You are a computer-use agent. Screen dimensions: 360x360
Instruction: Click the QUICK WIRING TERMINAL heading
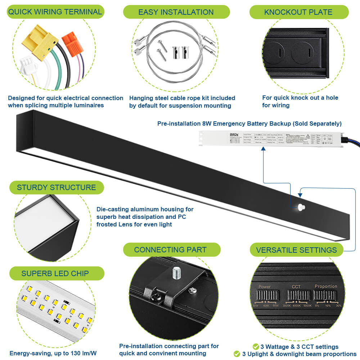pyautogui.click(x=55, y=12)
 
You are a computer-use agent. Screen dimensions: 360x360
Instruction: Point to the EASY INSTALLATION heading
pyautogui.click(x=176, y=12)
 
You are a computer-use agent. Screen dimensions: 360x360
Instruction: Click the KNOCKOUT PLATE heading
pyautogui.click(x=298, y=12)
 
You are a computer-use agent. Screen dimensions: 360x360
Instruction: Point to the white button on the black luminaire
pyautogui.click(x=301, y=206)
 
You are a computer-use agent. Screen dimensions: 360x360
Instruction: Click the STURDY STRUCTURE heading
pyautogui.click(x=57, y=188)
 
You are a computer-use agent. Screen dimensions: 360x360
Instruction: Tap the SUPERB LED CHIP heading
pyautogui.click(x=55, y=273)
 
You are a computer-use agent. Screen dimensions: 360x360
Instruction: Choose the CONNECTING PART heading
pyautogui.click(x=170, y=249)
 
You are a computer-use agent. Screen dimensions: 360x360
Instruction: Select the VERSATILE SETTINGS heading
pyautogui.click(x=296, y=250)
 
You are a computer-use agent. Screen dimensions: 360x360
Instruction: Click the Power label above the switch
pyautogui.click(x=265, y=287)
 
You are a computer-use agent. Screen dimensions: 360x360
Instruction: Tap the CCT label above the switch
pyautogui.click(x=296, y=287)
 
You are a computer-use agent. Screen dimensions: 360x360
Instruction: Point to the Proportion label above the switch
pyautogui.click(x=326, y=287)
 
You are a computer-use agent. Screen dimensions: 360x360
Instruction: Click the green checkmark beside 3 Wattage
pyautogui.click(x=256, y=347)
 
